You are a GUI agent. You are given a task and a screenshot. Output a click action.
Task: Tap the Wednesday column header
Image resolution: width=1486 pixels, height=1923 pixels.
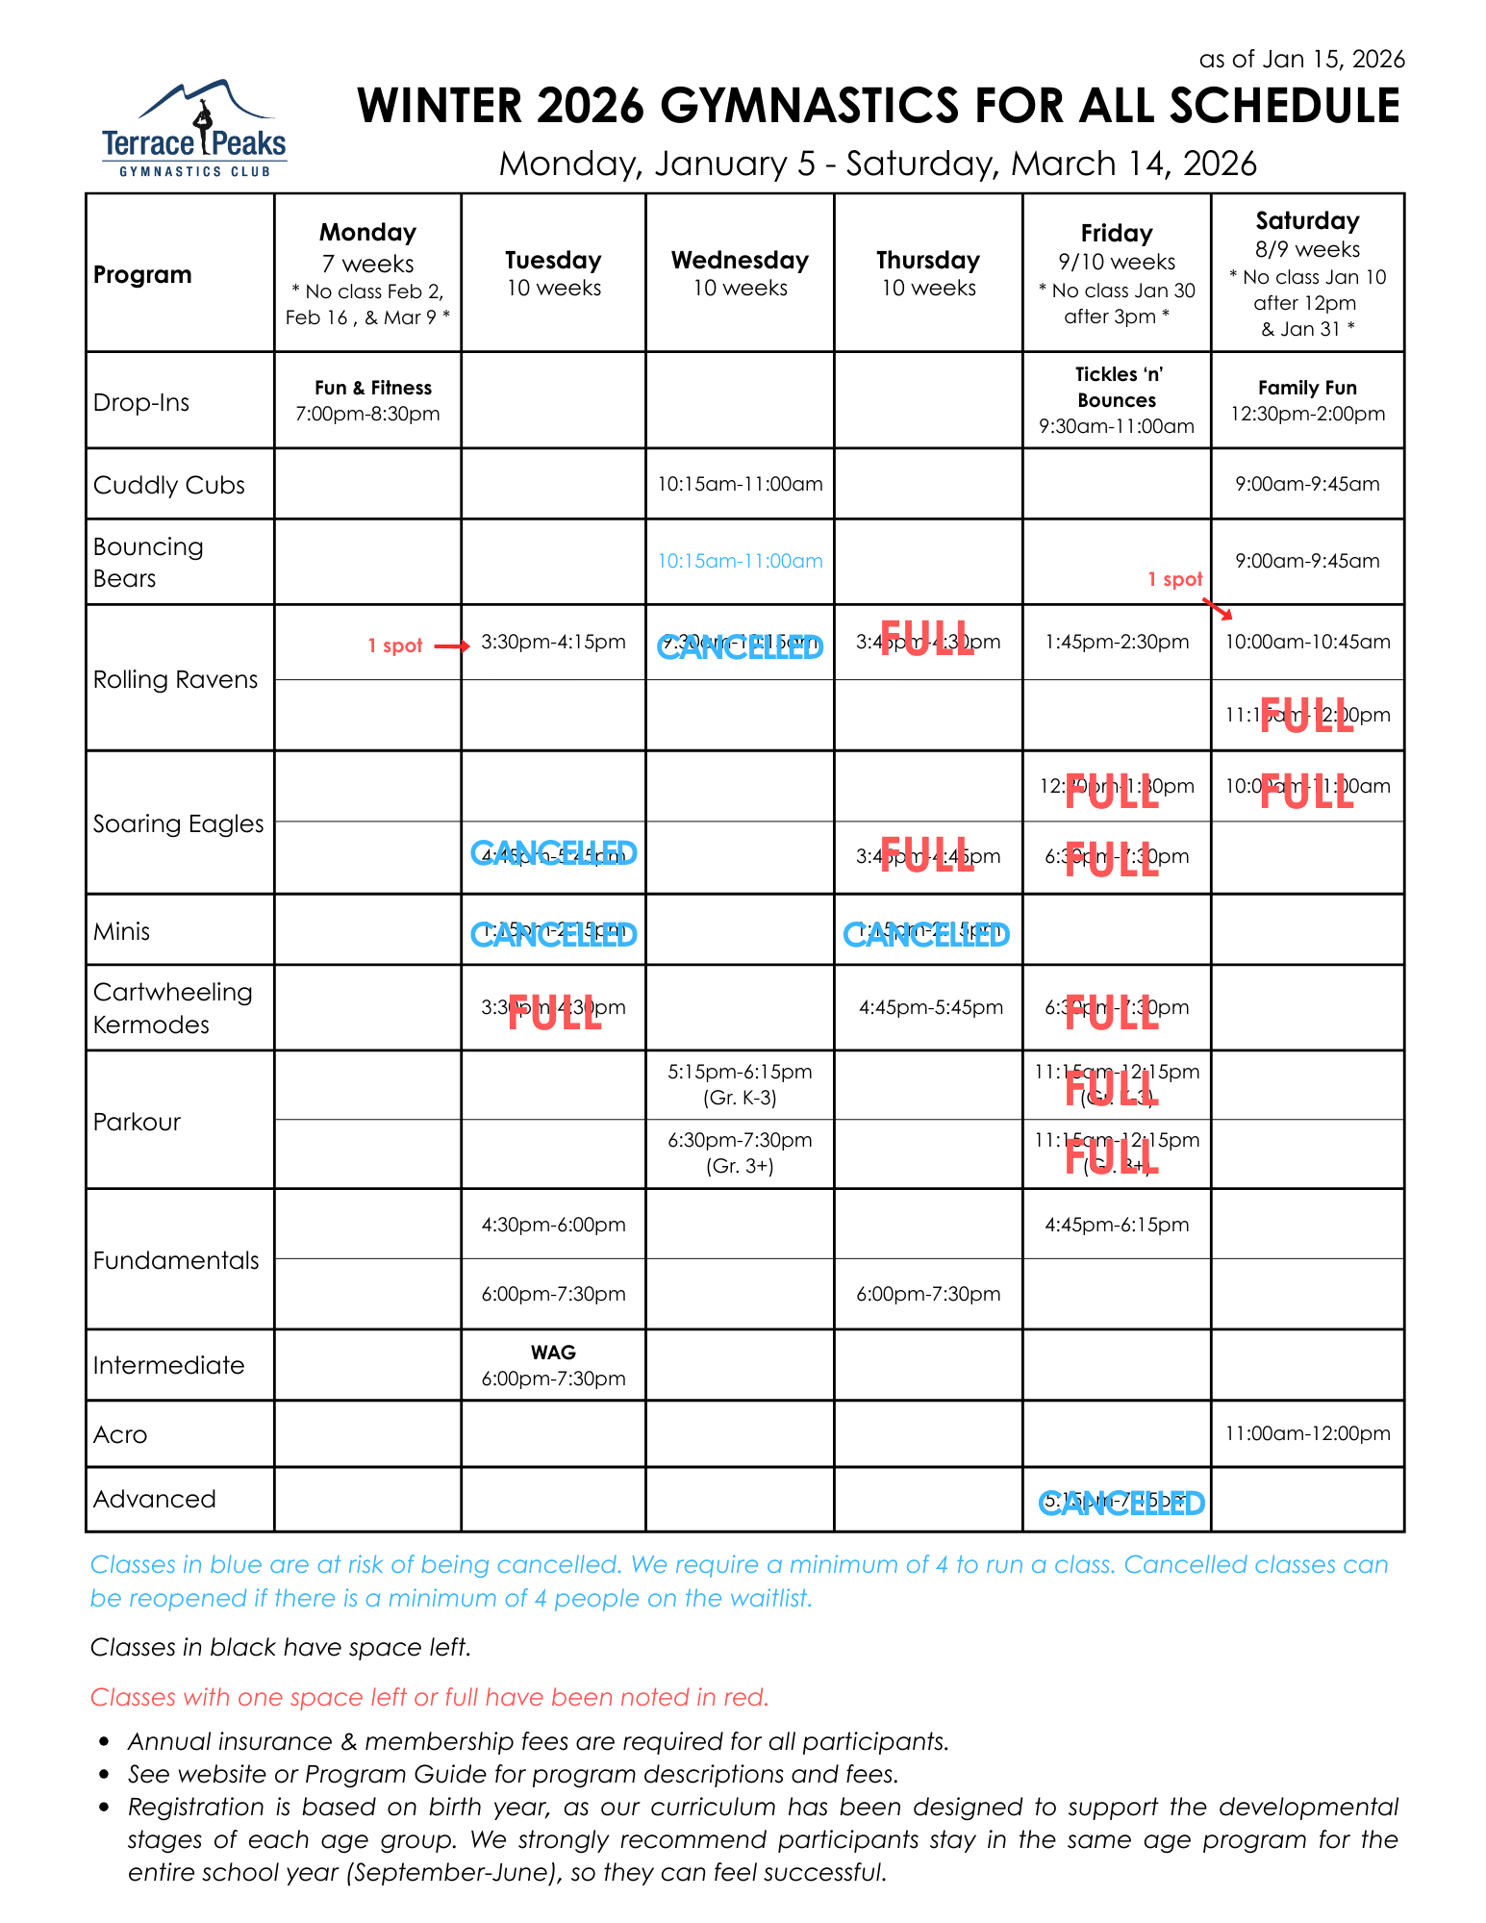pyautogui.click(x=740, y=273)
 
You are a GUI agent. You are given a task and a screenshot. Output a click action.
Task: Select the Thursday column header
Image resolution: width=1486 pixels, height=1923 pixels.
pyautogui.click(x=928, y=273)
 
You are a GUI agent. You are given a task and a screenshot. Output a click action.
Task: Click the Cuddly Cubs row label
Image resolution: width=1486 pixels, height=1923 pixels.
pyautogui.click(x=169, y=485)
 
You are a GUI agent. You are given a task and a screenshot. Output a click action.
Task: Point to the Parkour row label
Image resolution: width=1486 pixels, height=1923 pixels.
pyautogui.click(x=138, y=1122)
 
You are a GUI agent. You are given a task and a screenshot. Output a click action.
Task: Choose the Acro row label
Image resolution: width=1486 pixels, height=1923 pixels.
pyautogui.click(x=120, y=1434)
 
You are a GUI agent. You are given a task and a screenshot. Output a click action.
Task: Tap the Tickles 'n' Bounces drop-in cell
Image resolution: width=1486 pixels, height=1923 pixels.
pyautogui.click(x=1117, y=400)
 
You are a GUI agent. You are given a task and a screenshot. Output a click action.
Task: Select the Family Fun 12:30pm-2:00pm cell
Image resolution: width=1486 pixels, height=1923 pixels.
pyautogui.click(x=1307, y=400)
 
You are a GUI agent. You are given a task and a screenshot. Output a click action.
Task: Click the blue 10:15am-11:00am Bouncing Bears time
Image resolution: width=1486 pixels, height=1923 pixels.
pyautogui.click(x=740, y=561)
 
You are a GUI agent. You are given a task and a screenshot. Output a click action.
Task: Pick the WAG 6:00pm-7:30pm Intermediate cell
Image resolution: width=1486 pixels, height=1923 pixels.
pyautogui.click(x=553, y=1365)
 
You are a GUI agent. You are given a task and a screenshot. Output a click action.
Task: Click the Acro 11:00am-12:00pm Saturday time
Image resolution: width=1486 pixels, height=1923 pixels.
pyautogui.click(x=1307, y=1433)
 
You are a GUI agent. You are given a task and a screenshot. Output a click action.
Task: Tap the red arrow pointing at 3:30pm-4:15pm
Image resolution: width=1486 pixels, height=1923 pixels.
pyautogui.click(x=451, y=646)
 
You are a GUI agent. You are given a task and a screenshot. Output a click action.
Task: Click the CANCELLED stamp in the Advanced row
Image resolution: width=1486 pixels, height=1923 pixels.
pyautogui.click(x=1121, y=1503)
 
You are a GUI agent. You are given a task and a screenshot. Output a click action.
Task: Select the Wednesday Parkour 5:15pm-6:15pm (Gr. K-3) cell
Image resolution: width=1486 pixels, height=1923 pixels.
pyautogui.click(x=740, y=1084)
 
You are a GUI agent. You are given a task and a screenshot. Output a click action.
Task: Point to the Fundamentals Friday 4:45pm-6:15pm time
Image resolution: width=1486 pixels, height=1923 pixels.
pyautogui.click(x=1117, y=1225)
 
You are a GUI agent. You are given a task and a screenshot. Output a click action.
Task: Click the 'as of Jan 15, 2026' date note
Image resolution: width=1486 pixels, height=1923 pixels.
pyautogui.click(x=1301, y=60)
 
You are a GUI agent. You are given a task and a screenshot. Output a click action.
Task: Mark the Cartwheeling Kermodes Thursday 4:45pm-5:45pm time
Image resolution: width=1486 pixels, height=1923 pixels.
pyautogui.click(x=930, y=1007)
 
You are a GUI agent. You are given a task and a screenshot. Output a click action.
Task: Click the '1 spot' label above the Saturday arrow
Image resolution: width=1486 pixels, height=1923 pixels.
pyautogui.click(x=1174, y=579)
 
